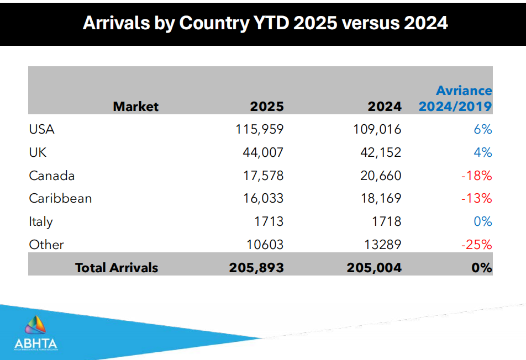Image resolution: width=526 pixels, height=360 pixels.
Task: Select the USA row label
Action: click(x=42, y=130)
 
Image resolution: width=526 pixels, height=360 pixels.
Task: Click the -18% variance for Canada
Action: click(x=476, y=176)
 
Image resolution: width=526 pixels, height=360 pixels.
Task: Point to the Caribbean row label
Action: click(x=60, y=199)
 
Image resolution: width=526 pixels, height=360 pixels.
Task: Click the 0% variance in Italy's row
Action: click(x=483, y=222)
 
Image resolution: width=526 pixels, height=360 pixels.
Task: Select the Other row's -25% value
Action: click(x=476, y=245)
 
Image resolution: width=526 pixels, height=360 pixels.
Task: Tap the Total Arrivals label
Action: click(x=117, y=268)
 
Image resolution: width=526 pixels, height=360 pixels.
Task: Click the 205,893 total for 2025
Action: click(x=256, y=268)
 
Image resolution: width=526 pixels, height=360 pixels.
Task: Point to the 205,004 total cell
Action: click(x=374, y=268)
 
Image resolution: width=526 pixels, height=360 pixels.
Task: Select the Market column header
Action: click(x=136, y=107)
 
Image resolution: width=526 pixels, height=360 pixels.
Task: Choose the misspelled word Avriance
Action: click(x=464, y=91)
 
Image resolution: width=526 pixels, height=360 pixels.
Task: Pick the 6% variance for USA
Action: click(x=483, y=130)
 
